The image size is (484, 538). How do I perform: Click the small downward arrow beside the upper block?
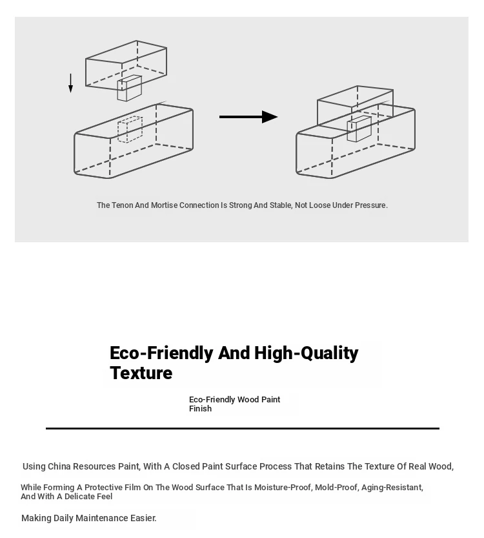click(70, 83)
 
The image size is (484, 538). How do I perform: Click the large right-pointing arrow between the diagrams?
click(248, 117)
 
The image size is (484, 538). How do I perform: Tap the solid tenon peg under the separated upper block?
click(130, 88)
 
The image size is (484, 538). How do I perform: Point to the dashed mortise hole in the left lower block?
click(130, 129)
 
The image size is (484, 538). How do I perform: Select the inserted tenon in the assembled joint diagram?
click(359, 129)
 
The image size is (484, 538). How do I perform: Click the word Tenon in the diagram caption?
click(123, 205)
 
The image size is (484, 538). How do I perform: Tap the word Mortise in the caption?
click(164, 205)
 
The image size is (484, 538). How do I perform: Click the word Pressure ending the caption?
click(371, 205)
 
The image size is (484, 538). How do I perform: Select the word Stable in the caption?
click(280, 205)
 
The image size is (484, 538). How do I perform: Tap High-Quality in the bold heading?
click(306, 353)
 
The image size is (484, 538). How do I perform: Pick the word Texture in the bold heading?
click(141, 373)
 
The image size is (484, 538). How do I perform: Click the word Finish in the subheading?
click(200, 409)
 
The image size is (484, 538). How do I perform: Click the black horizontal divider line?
click(243, 429)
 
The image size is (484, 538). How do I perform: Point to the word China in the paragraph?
click(59, 466)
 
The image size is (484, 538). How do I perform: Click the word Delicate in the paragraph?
click(80, 497)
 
